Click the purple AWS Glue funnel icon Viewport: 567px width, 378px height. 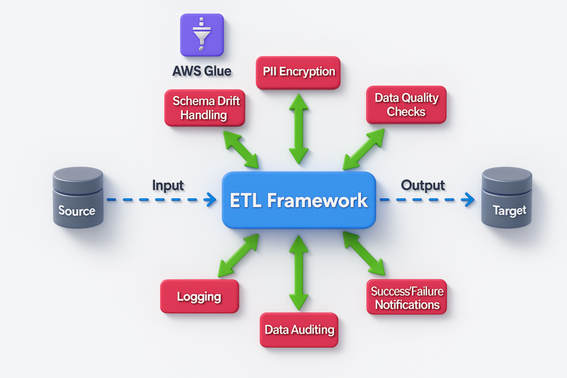point(202,35)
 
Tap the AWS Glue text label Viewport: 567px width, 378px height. point(202,71)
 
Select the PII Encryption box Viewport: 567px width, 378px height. point(298,72)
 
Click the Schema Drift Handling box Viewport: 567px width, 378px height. point(205,107)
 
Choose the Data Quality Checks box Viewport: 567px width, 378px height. point(406,105)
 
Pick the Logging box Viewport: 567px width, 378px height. point(199,297)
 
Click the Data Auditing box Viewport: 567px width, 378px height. point(299,330)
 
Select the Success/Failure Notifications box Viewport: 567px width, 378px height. point(406,298)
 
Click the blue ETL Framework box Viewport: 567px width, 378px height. point(299,200)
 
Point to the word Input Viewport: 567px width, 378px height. point(168,185)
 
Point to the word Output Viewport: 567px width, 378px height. point(423,185)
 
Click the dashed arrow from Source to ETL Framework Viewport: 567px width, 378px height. point(161,200)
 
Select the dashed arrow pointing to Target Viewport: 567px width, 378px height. point(426,200)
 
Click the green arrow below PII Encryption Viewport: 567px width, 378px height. point(298,128)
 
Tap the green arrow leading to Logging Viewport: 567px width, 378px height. point(239,255)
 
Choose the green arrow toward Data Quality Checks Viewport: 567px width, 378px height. point(363,149)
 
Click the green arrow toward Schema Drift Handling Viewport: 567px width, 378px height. point(240,149)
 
